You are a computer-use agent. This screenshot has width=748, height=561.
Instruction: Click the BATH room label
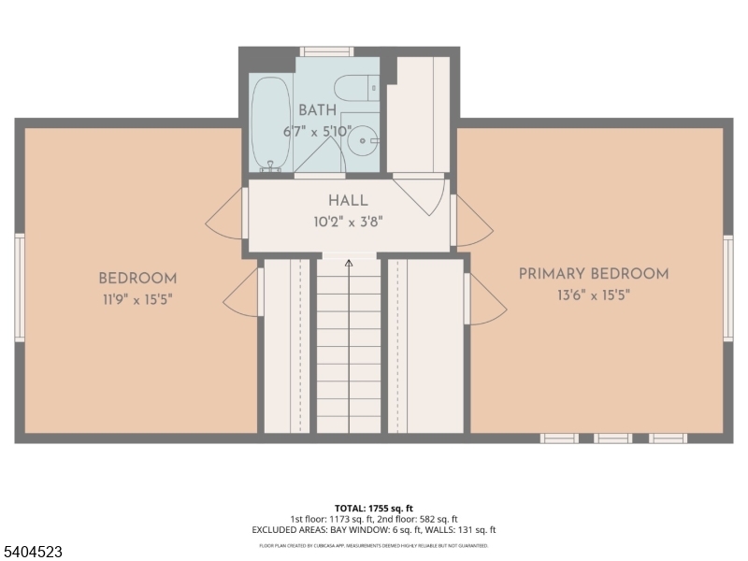pyautogui.click(x=318, y=110)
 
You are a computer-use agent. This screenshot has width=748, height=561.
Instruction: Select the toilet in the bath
pyautogui.click(x=355, y=88)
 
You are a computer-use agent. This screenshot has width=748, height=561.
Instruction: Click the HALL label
pyautogui.click(x=348, y=201)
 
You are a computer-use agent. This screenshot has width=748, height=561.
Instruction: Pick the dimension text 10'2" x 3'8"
pyautogui.click(x=348, y=222)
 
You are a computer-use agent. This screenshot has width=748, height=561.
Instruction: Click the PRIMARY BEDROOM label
pyautogui.click(x=594, y=274)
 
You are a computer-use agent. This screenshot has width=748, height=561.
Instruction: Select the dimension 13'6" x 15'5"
pyautogui.click(x=594, y=295)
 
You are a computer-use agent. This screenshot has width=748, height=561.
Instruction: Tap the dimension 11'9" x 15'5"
pyautogui.click(x=137, y=299)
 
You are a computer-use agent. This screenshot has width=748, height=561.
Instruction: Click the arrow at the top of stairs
pyautogui.click(x=349, y=264)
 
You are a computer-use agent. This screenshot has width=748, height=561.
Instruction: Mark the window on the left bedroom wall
pyautogui.click(x=20, y=287)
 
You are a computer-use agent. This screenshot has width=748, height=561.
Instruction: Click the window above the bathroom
pyautogui.click(x=327, y=51)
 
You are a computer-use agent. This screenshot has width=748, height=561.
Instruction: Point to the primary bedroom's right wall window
pyautogui.click(x=728, y=287)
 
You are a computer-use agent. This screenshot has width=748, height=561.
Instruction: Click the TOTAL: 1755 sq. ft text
pyautogui.click(x=373, y=508)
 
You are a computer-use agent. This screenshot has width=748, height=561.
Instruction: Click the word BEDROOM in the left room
pyautogui.click(x=137, y=279)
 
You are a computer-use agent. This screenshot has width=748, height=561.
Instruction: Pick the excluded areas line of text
pyautogui.click(x=373, y=530)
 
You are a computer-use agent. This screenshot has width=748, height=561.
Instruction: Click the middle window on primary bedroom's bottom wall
pyautogui.click(x=613, y=438)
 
